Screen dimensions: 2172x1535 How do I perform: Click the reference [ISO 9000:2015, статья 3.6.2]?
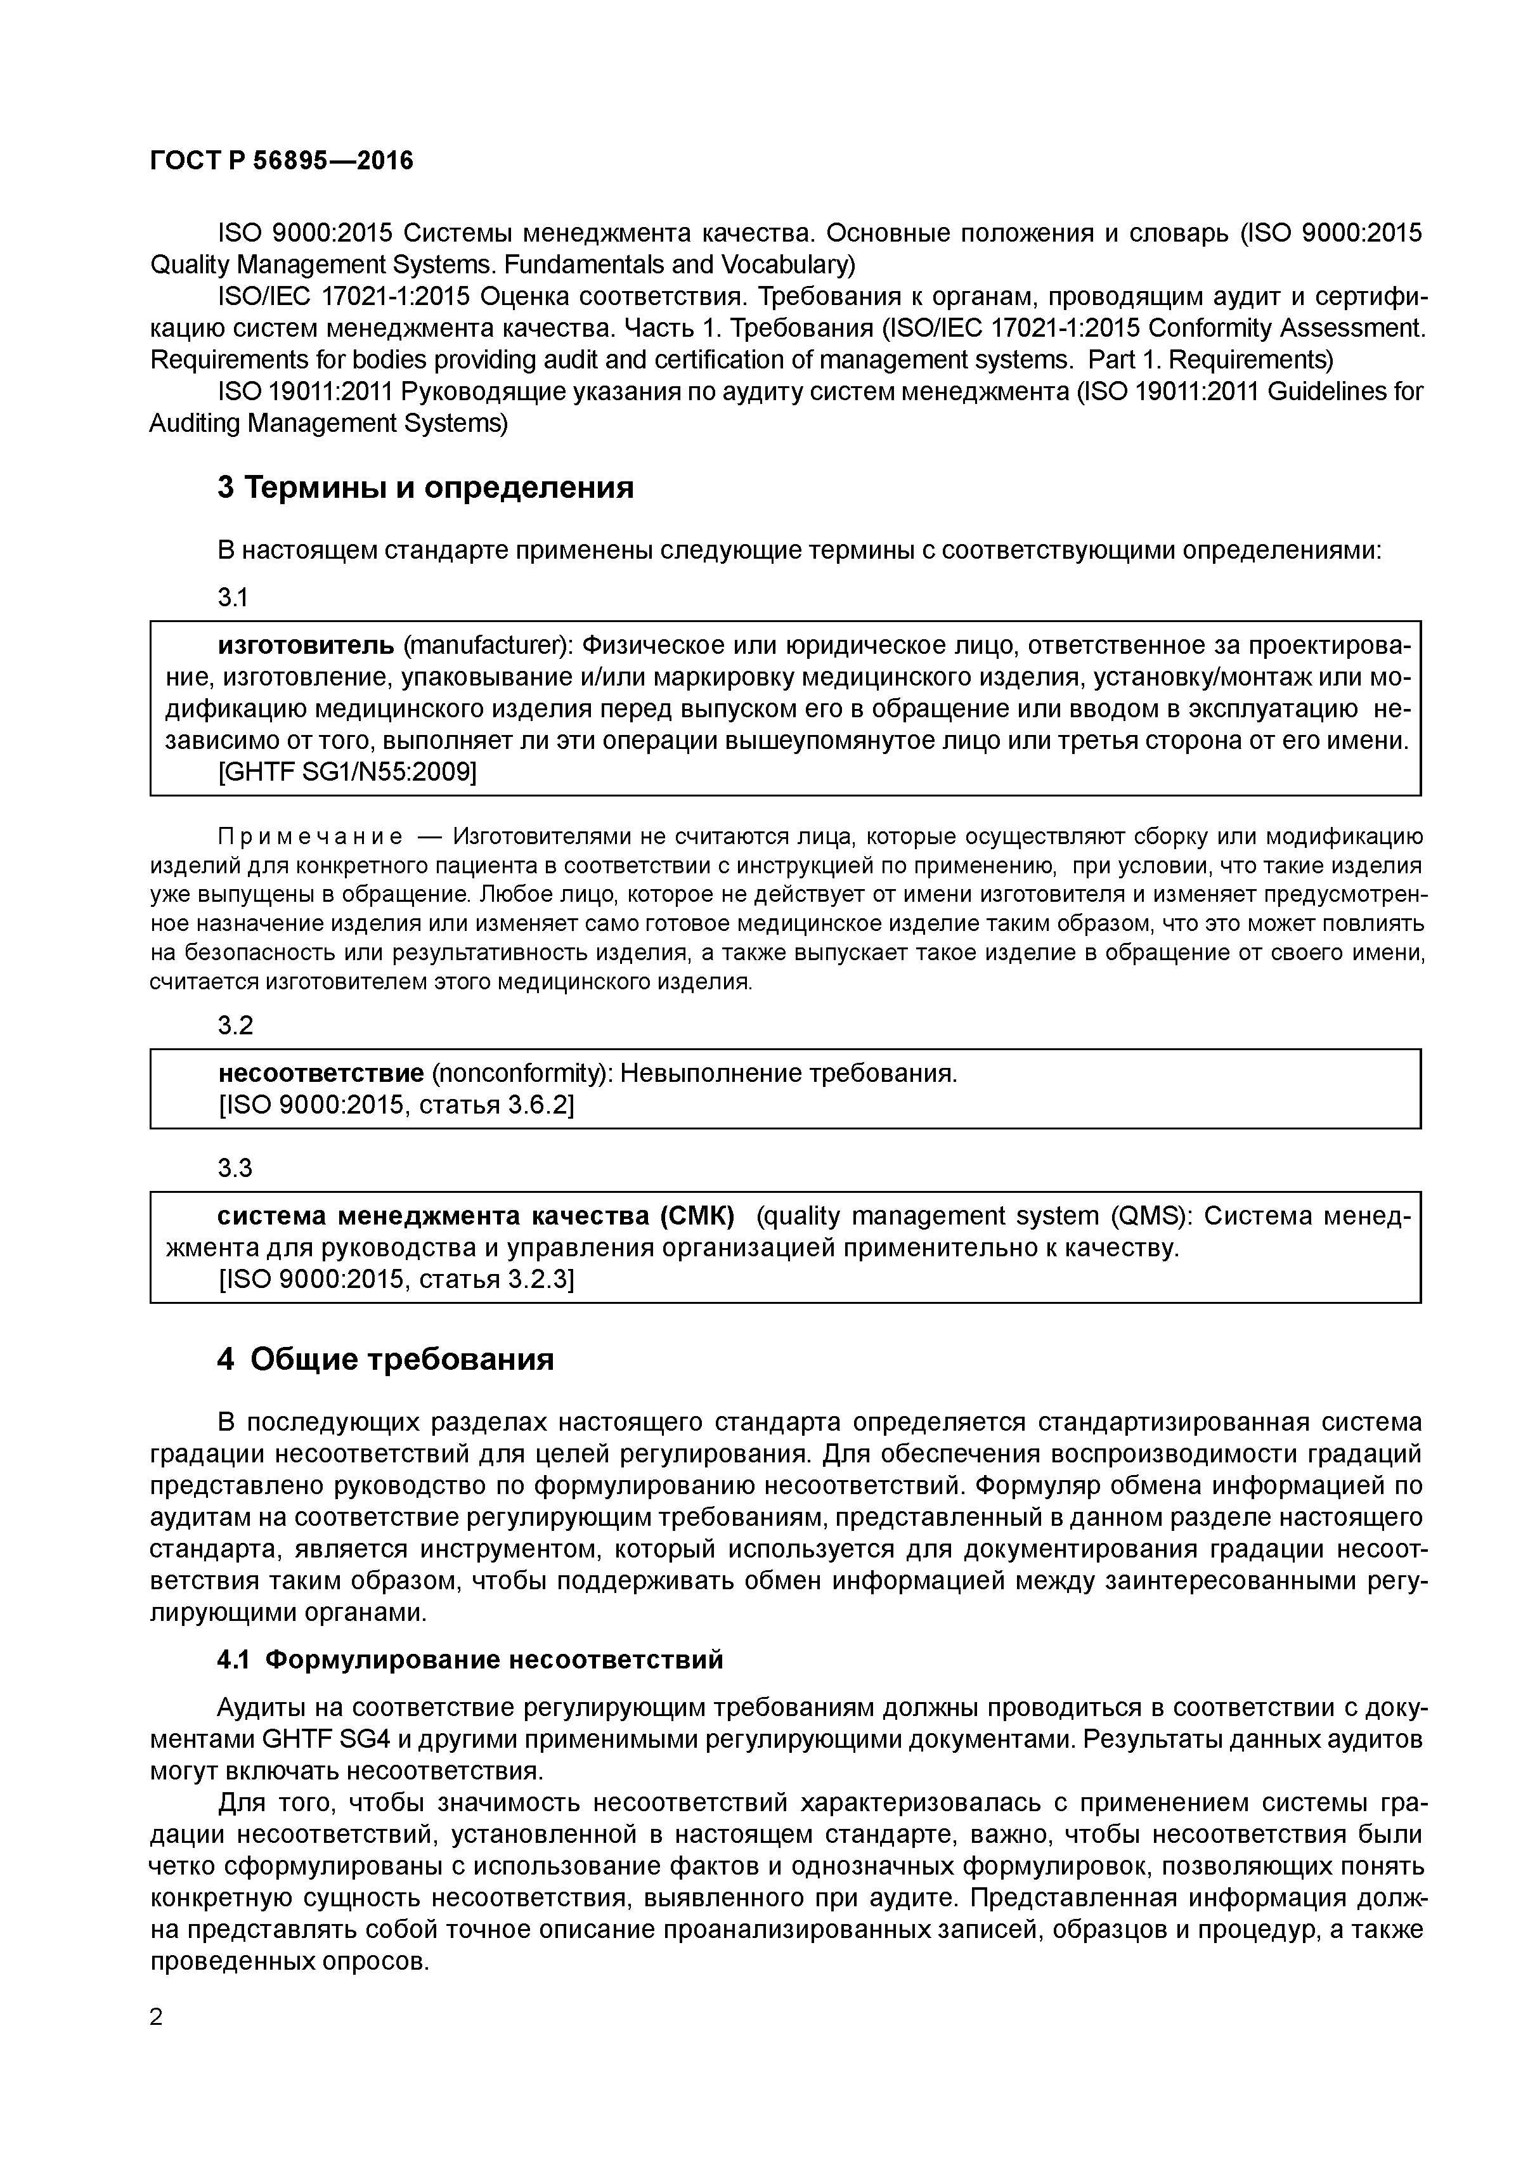pos(396,1105)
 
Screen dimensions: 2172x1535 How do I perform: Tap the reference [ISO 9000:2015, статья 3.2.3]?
pos(396,1280)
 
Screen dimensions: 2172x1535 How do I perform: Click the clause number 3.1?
pos(233,598)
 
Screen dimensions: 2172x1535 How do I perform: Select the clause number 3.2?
pos(235,1025)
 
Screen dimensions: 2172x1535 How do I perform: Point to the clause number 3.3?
pos(235,1168)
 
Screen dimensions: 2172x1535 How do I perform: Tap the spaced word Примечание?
pos(310,837)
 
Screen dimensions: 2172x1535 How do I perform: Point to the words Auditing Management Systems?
pos(329,424)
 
